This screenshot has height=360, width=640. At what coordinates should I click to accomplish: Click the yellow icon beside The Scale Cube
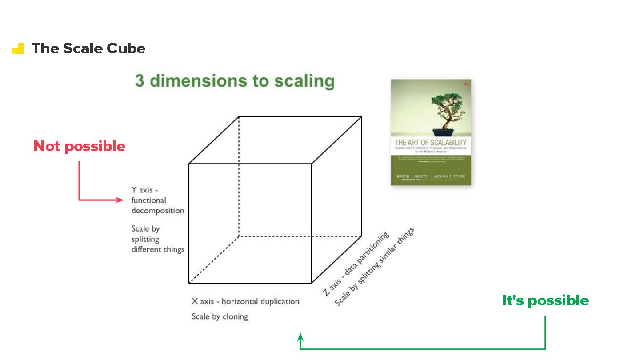[x=18, y=48]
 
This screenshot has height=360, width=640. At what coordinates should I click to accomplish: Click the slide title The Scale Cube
[x=88, y=48]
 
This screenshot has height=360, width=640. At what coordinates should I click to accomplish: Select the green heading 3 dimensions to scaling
[x=235, y=81]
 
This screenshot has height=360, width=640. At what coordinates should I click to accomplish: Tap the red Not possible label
[x=80, y=146]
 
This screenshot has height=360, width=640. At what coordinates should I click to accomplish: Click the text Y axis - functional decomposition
[x=157, y=200]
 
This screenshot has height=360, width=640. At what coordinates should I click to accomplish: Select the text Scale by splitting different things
[x=157, y=239]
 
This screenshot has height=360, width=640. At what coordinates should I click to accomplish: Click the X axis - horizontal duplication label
[x=245, y=301]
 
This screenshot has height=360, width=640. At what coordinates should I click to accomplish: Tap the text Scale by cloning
[x=220, y=316]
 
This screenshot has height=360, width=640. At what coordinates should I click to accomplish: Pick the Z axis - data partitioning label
[x=356, y=264]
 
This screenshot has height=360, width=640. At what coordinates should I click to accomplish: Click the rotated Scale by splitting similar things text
[x=374, y=267]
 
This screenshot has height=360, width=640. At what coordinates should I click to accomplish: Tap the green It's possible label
[x=545, y=300]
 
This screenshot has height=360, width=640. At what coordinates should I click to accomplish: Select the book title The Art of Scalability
[x=431, y=142]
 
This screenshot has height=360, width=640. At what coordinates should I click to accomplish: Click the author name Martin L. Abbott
[x=412, y=176]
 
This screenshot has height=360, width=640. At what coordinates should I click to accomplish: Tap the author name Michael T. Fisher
[x=450, y=176]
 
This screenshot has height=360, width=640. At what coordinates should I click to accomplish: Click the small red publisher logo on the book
[x=465, y=84]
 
